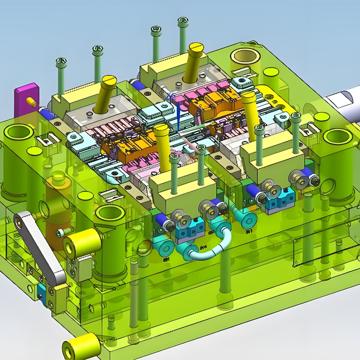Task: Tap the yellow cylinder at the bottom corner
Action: click(81, 347)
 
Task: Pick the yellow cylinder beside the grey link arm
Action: click(81, 243)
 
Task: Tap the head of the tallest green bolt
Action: click(182, 21)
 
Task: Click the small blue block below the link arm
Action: click(41, 292)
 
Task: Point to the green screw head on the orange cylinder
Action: click(60, 233)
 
